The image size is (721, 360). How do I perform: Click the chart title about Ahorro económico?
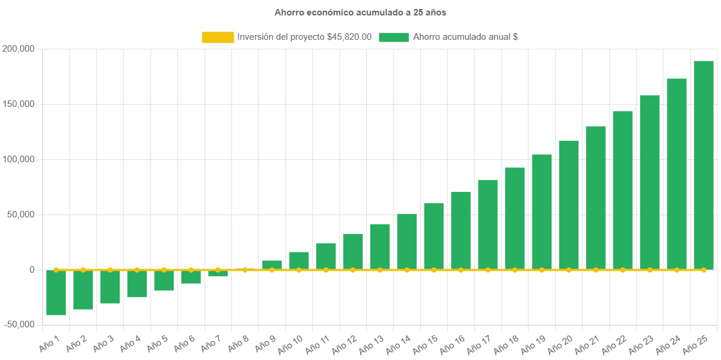[x=360, y=12]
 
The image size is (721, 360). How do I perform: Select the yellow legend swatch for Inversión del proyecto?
[x=218, y=37]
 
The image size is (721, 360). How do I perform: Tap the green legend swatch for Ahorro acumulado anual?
[x=393, y=37]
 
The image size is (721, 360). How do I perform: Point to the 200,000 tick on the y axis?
[x=18, y=49]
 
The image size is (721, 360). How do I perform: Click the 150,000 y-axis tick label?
[x=18, y=104]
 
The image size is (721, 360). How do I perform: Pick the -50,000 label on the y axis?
[x=18, y=325]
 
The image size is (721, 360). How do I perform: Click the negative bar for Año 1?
[x=56, y=292]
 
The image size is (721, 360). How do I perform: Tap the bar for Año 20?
[x=569, y=205]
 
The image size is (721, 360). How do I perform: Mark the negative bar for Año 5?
[x=164, y=280]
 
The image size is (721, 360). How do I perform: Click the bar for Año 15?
[x=434, y=236]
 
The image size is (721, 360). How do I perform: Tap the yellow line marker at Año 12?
[x=353, y=270]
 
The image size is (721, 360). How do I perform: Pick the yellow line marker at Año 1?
[x=56, y=270]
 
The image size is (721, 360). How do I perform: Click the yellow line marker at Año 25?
[x=704, y=270]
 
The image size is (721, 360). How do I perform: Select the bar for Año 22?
[x=623, y=190]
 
